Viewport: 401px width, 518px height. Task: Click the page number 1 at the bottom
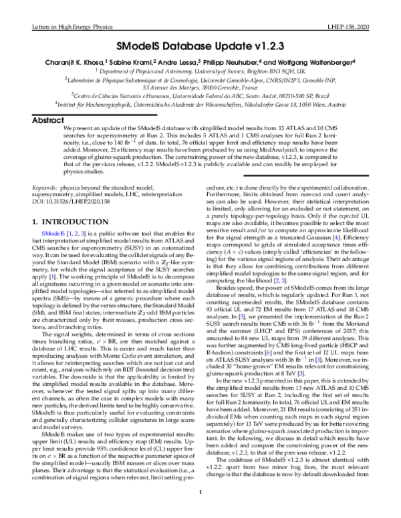pyautogui.click(x=200, y=512)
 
